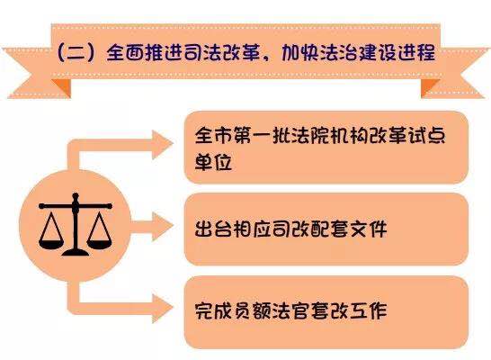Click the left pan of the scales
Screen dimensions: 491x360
51,244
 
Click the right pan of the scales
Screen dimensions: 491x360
99,244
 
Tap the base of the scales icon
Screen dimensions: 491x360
76,252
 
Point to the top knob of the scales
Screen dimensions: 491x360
76,196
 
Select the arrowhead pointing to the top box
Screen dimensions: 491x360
162,144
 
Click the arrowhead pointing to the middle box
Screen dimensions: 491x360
162,226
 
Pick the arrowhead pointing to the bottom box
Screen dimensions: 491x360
162,308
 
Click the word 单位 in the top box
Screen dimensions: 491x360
213,162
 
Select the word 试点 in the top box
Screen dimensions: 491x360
426,135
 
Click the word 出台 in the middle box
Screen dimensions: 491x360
213,229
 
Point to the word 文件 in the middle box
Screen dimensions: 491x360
369,229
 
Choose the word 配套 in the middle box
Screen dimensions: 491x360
329,229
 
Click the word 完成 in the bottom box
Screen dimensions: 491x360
213,310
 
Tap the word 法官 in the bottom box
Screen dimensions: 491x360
290,310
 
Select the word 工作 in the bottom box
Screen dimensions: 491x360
369,310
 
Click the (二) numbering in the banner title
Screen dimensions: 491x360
76,52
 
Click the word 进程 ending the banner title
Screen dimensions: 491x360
416,52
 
